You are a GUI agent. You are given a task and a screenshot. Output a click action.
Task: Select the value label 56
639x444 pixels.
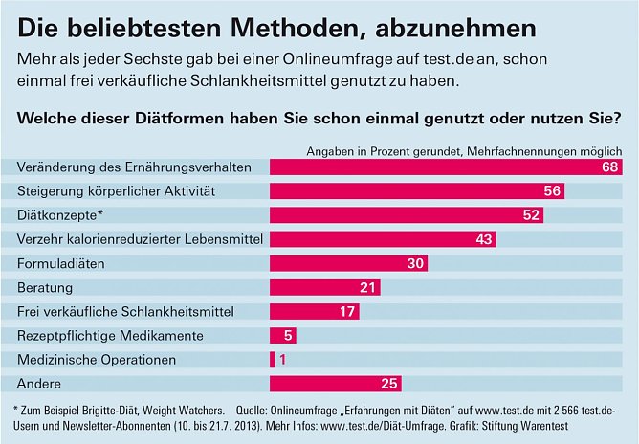coord(552,191)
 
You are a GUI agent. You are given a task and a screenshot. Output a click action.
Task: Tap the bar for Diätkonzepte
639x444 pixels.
coord(402,215)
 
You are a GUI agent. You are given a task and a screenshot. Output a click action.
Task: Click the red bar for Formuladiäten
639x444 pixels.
coord(348,263)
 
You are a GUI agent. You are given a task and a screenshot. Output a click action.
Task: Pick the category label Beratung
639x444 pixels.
coord(45,287)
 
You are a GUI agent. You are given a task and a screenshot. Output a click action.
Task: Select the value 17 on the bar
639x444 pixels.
coord(348,311)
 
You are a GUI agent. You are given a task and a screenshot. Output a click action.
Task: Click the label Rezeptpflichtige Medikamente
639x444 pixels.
coord(111,336)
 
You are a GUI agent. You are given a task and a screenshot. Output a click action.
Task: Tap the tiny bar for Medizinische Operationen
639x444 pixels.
coord(273,360)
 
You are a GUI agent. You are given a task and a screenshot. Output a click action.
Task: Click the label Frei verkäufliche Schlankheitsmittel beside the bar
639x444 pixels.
coord(126,311)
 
